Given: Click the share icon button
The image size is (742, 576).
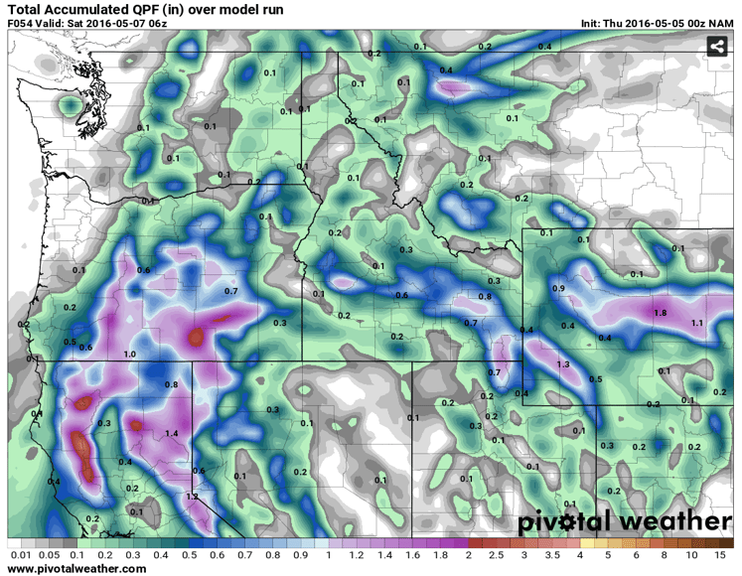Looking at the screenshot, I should pos(717,46).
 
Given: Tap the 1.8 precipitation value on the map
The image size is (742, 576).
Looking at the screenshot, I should pos(661,313).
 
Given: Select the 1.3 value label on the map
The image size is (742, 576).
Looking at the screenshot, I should pos(563,365).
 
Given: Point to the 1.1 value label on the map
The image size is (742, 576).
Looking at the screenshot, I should pos(697,324).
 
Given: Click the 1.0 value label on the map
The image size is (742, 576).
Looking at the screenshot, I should pos(129,355).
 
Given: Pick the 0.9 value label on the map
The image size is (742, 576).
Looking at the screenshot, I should pos(558,288).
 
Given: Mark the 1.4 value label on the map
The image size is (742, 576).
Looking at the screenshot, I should pos(171,433).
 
